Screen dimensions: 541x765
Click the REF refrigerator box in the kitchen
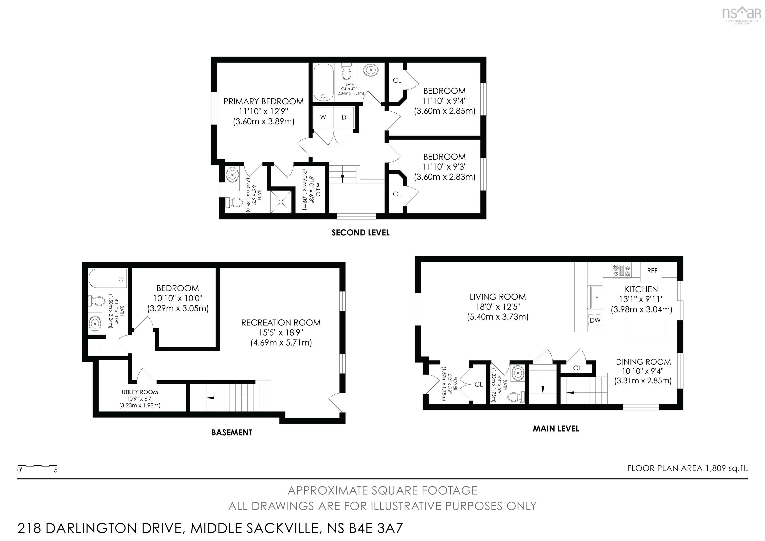[x=652, y=271]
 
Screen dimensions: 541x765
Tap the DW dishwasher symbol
[x=595, y=320]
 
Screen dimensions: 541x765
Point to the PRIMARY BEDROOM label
[x=263, y=101]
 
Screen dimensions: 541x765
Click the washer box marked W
[x=323, y=117]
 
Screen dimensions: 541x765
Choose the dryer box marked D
[x=344, y=117]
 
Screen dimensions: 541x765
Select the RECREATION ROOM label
[x=281, y=323]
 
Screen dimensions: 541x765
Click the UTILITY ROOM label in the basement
[x=140, y=392]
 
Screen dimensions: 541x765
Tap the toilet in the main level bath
[x=516, y=397]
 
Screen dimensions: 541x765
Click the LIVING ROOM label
[x=498, y=297]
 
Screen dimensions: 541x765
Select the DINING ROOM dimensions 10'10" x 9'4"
[x=643, y=371]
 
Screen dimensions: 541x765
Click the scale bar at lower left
[x=37, y=466]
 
